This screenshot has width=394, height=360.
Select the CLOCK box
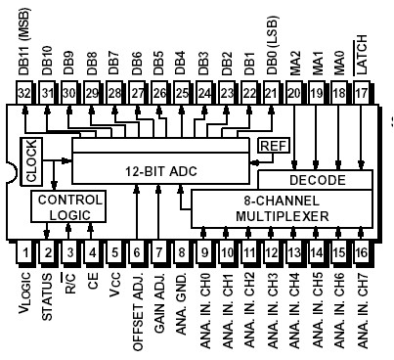pyautogui.click(x=30, y=160)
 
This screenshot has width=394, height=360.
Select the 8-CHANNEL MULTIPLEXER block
pyautogui.click(x=274, y=206)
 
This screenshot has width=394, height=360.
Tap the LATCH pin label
pyautogui.click(x=363, y=63)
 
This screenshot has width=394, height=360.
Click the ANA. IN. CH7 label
pyautogui.click(x=363, y=311)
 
